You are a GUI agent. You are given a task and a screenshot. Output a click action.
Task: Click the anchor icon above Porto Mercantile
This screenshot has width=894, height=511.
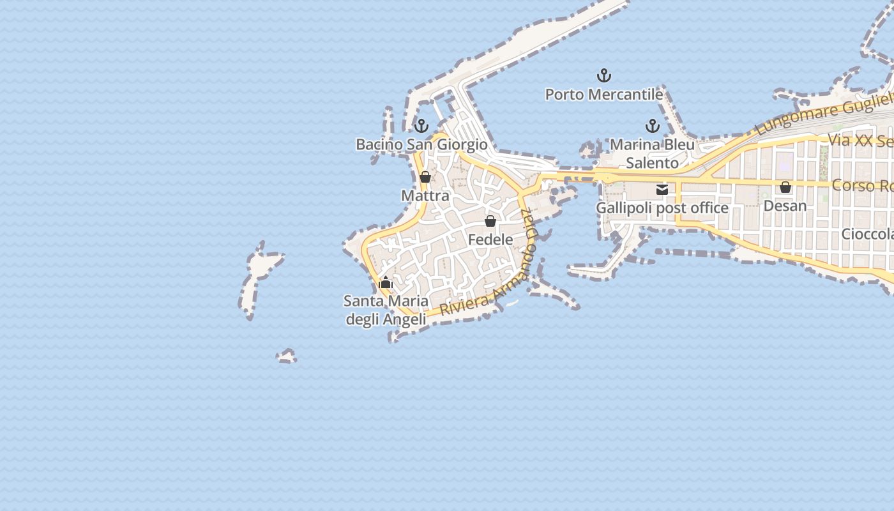coord(603,76)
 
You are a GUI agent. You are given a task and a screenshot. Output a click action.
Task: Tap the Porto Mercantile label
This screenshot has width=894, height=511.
coord(603,95)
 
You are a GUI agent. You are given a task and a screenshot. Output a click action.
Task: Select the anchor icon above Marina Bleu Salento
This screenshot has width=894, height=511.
coord(652,126)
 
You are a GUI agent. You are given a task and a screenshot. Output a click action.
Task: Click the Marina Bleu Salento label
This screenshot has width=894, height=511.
coord(652,153)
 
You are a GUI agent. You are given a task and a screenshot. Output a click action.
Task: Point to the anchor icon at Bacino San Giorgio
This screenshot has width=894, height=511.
coord(421,126)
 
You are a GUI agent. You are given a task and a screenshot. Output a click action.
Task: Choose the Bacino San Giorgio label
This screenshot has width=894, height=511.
coord(421,144)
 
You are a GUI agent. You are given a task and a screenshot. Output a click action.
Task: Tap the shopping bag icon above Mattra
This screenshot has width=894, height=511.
coord(425,177)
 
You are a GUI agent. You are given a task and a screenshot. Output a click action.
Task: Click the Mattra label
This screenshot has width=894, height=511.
coord(425,195)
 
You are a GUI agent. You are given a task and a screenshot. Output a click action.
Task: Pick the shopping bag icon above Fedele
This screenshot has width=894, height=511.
coord(490,221)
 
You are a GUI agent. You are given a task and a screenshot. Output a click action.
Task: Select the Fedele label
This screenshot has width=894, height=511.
coord(490,240)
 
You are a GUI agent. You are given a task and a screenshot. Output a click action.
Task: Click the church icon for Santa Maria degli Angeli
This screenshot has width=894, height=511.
coord(386,282)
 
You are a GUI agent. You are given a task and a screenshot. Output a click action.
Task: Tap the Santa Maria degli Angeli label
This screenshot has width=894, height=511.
coord(386,310)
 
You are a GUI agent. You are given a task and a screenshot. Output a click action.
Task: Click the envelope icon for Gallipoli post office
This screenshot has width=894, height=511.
coord(662,190)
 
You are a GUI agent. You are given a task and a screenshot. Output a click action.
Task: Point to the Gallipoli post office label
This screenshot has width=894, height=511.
coord(662,208)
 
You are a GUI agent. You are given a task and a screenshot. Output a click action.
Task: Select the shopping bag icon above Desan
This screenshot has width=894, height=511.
coord(785,187)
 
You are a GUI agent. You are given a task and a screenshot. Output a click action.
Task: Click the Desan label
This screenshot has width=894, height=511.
coord(785,206)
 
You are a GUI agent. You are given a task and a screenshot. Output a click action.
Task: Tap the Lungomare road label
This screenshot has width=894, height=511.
coord(824,115)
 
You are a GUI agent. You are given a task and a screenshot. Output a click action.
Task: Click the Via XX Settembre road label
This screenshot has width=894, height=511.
coord(860,141)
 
